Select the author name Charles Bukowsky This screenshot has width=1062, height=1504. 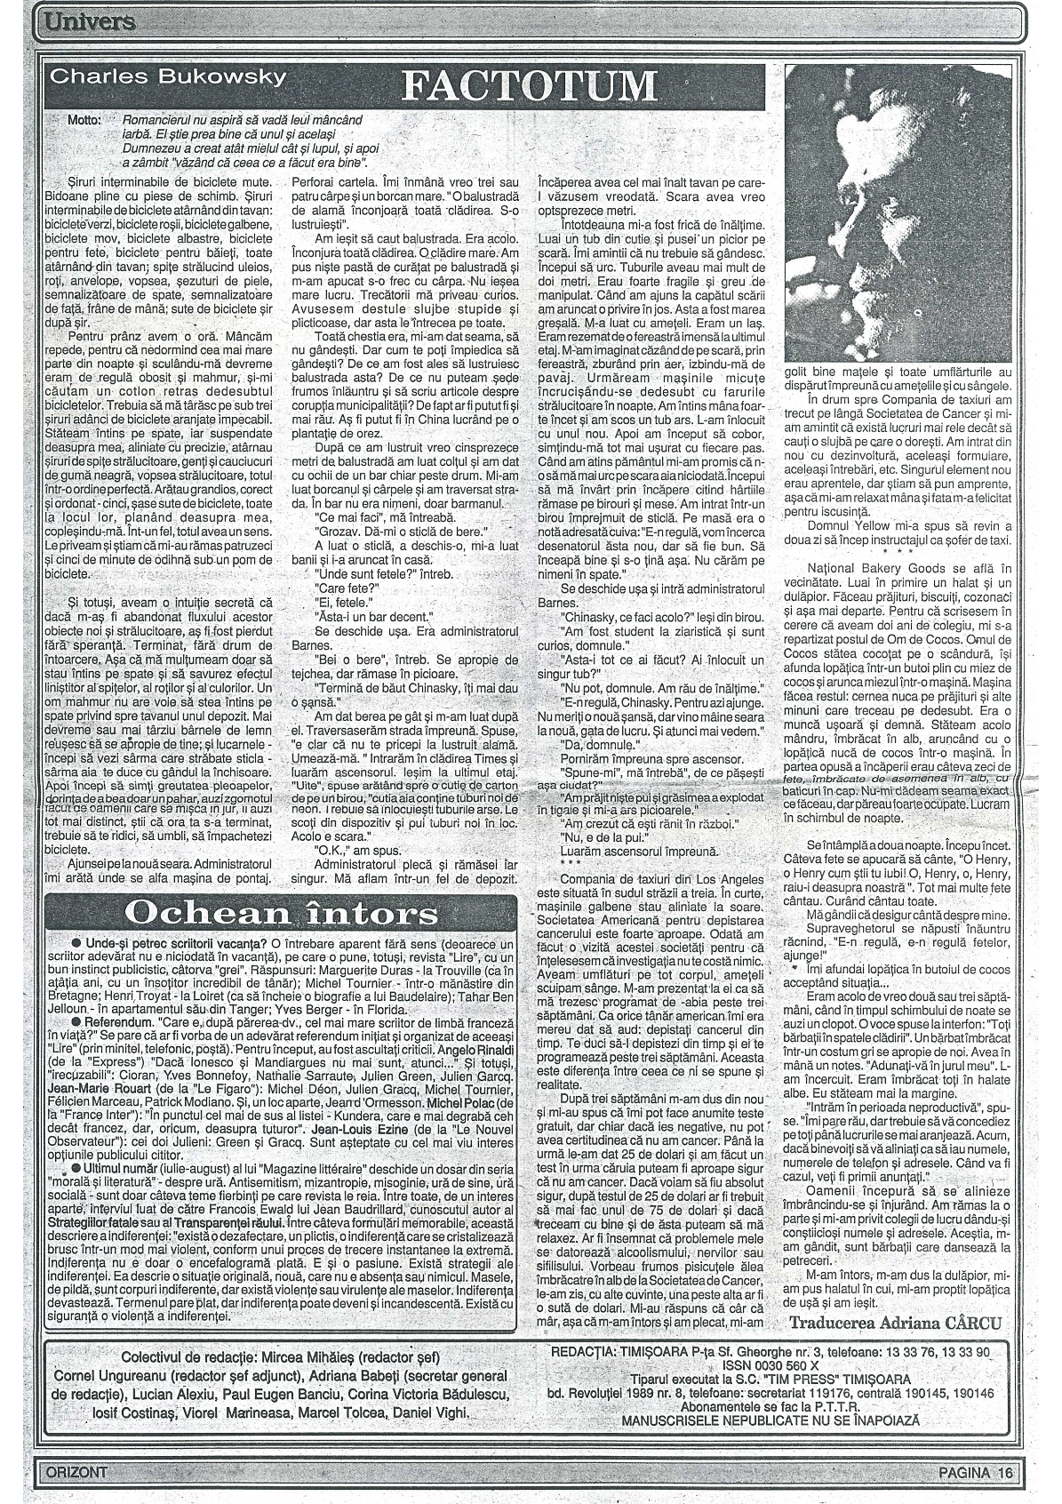pyautogui.click(x=168, y=76)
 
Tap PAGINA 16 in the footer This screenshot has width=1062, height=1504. pyautogui.click(x=975, y=1471)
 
